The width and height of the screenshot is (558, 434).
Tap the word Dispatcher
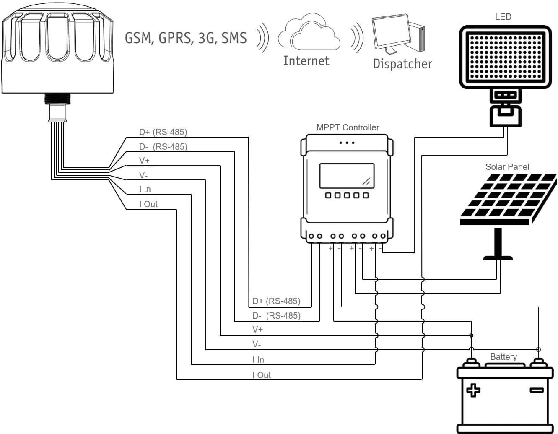coord(402,64)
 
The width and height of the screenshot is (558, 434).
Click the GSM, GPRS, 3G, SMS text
coord(186,38)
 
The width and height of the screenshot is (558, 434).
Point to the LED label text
coord(503,17)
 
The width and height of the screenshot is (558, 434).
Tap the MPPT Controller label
coord(348,127)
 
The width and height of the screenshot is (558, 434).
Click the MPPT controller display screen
coord(347,176)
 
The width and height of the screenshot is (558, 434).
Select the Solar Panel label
coord(507,167)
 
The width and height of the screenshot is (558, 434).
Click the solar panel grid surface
coord(508,196)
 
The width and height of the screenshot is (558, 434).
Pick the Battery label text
coord(503,357)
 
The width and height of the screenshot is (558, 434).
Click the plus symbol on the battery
coord(473,390)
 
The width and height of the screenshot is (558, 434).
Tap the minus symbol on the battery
coord(537,390)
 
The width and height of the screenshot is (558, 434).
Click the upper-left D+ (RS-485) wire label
coord(163,132)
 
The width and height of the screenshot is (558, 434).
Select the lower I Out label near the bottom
coord(262,375)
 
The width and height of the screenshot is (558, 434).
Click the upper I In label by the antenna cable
coord(145,189)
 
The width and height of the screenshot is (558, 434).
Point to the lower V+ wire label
coord(257,330)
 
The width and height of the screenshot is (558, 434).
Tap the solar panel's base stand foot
coord(498,257)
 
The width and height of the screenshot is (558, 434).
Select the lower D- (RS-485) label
coord(276,316)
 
